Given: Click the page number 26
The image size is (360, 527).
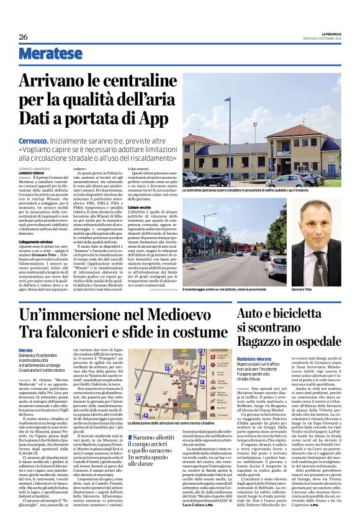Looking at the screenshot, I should pyautogui.click(x=23, y=37).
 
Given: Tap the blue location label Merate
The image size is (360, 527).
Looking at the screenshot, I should pyautogui.click(x=25, y=351).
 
